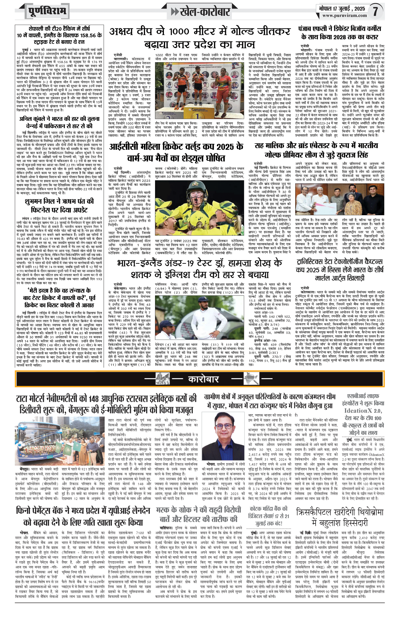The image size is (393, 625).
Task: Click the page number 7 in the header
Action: [375, 11]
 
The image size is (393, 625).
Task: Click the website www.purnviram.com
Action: [344, 16]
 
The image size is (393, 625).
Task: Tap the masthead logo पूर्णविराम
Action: [47, 11]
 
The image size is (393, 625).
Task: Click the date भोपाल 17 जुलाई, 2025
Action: [342, 9]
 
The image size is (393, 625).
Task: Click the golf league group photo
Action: [339, 200]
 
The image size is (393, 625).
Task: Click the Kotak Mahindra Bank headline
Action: [268, 516]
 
